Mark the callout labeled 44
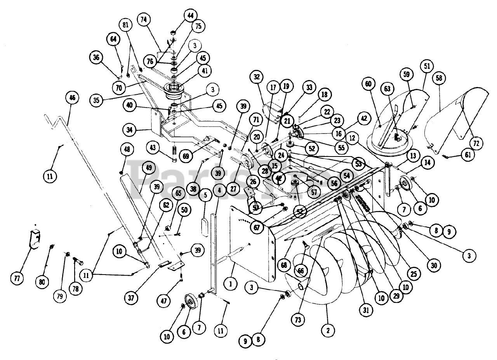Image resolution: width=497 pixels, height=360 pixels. [x=190, y=16]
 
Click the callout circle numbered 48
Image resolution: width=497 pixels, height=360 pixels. [x=127, y=150]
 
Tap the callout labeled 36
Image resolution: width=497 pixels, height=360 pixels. [x=96, y=57]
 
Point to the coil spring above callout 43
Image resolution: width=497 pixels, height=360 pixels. [x=174, y=149]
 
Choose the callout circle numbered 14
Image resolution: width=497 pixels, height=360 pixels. [x=427, y=163]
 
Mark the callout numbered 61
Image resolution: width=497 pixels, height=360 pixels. [x=468, y=155]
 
